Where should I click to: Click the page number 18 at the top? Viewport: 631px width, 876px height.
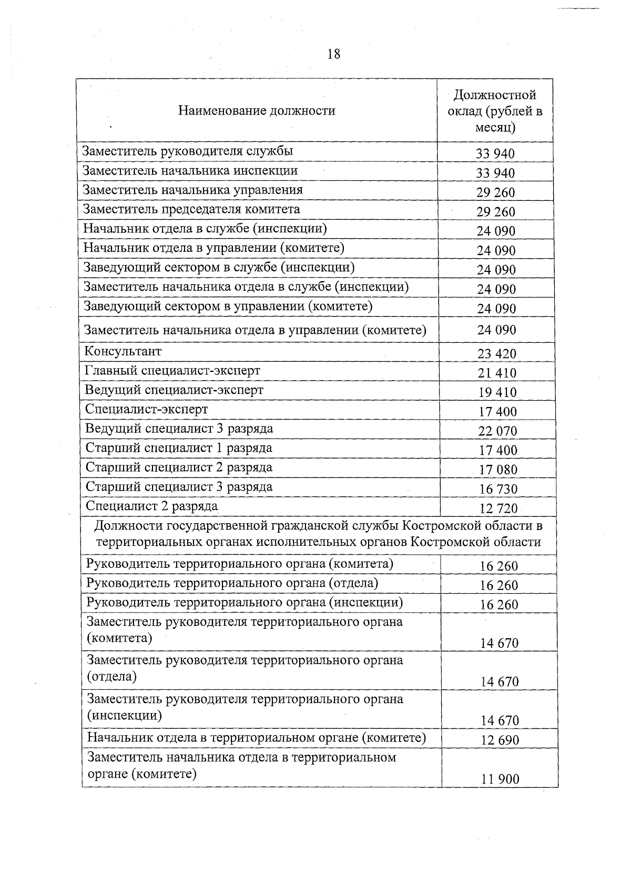(333, 54)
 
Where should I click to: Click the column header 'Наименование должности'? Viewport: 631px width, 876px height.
(257, 110)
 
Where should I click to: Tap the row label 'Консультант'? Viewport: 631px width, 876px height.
(123, 351)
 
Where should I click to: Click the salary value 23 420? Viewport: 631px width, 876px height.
(497, 354)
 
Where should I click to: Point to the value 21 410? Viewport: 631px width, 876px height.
(497, 373)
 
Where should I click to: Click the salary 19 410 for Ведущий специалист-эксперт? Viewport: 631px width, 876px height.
(497, 393)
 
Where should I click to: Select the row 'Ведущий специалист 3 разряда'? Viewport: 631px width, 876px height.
(179, 429)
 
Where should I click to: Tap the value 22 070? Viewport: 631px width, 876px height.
(497, 431)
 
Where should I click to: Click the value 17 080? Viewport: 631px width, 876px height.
(498, 470)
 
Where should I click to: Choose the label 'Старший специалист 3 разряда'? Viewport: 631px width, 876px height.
(179, 487)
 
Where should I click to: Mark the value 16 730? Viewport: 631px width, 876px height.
(498, 489)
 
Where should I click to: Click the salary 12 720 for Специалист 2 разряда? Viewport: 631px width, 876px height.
(498, 508)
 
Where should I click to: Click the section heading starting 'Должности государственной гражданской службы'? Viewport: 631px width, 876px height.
(318, 534)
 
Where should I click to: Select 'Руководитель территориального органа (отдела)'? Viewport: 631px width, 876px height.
(232, 583)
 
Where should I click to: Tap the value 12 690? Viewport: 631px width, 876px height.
(500, 740)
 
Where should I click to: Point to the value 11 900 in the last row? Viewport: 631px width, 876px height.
(500, 779)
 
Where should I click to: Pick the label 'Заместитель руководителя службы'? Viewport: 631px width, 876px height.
(187, 151)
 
